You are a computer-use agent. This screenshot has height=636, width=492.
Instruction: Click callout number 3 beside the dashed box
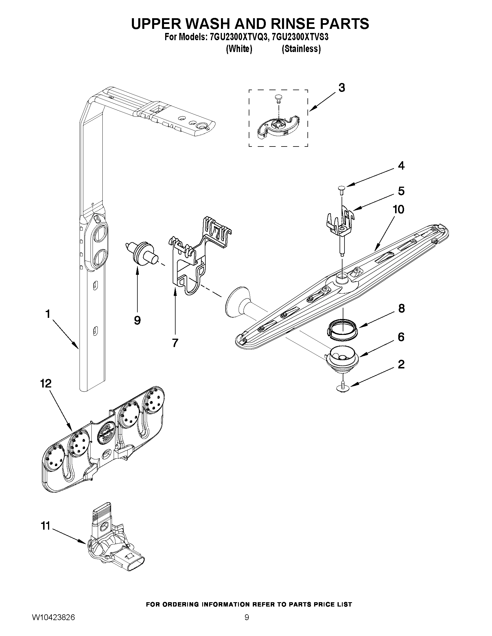(342, 88)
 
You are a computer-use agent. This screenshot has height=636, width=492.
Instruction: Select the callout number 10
(399, 209)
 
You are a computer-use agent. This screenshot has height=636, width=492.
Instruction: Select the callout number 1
(48, 314)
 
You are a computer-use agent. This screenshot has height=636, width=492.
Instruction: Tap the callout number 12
(46, 383)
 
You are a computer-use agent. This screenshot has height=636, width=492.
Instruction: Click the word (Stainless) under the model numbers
(301, 49)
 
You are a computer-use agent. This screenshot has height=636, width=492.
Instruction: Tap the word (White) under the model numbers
(239, 49)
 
